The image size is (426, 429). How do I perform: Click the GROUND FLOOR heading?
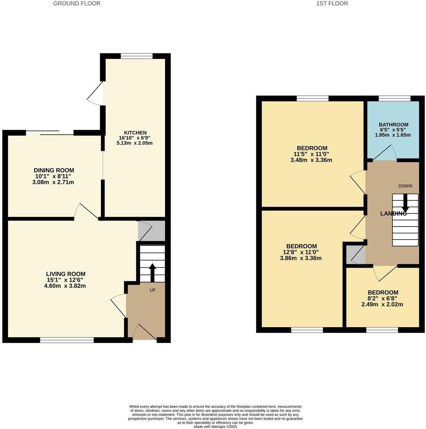click(77, 3)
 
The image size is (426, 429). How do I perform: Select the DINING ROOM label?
click(54, 170)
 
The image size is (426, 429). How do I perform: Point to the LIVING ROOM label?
click(66, 274)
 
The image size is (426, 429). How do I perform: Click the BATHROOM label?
click(393, 125)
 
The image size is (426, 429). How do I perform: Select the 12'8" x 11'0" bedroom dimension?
click(301, 252)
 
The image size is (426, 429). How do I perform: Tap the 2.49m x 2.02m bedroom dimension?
click(383, 304)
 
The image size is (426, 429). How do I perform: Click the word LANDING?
click(393, 214)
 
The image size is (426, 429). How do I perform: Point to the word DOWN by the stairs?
click(405, 186)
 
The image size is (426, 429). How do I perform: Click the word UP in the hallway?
click(152, 290)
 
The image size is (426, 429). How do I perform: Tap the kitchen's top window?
click(137, 56)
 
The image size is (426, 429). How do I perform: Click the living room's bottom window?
click(67, 340)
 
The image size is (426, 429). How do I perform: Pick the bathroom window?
click(395, 98)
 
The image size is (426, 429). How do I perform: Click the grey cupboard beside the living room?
click(151, 230)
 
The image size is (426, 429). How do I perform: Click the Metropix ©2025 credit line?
click(215, 426)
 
